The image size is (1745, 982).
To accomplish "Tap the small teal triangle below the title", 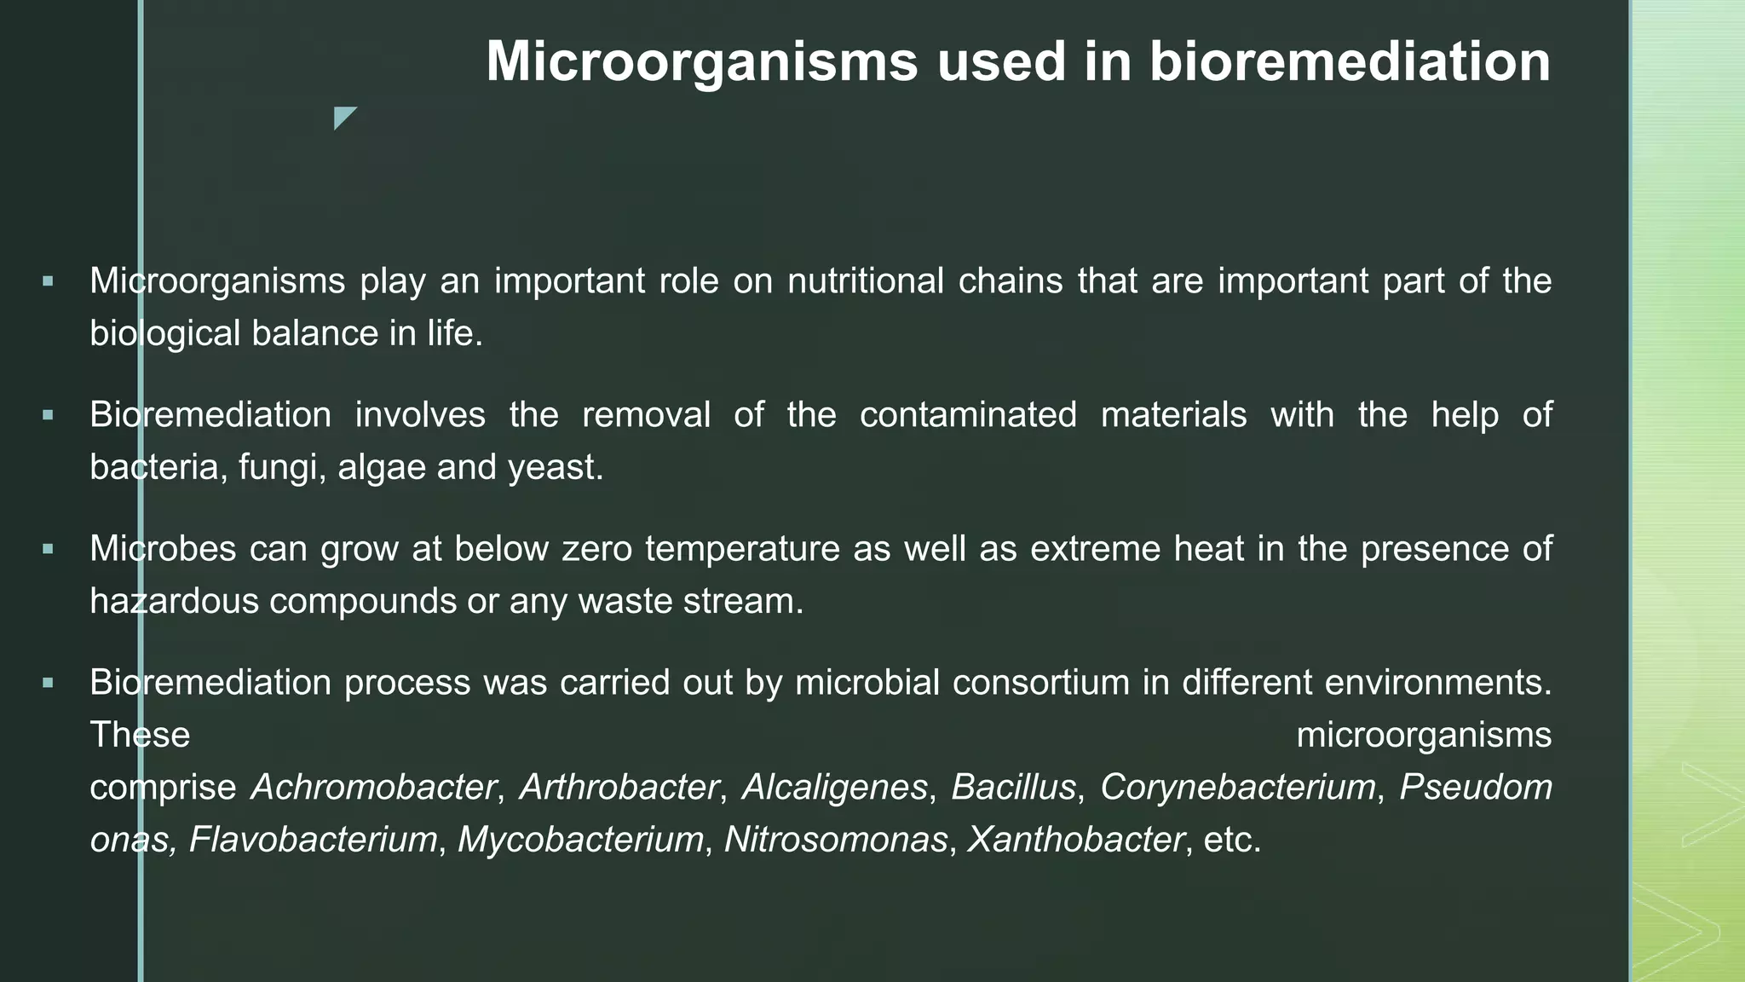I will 343,116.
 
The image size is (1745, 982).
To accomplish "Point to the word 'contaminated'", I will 968,415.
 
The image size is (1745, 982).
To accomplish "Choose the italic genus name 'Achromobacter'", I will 373,787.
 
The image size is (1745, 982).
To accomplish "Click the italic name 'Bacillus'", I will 1013,787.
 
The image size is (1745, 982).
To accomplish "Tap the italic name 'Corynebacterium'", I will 1238,787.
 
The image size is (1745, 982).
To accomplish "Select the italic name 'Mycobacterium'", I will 581,840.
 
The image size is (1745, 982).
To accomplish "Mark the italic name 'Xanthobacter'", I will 1075,840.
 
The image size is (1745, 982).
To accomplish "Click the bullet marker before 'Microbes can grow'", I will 48,549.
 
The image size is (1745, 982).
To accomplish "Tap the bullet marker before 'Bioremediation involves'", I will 48,415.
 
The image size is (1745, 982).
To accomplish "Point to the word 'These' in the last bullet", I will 140,735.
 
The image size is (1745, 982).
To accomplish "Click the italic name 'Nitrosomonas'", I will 835,840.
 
